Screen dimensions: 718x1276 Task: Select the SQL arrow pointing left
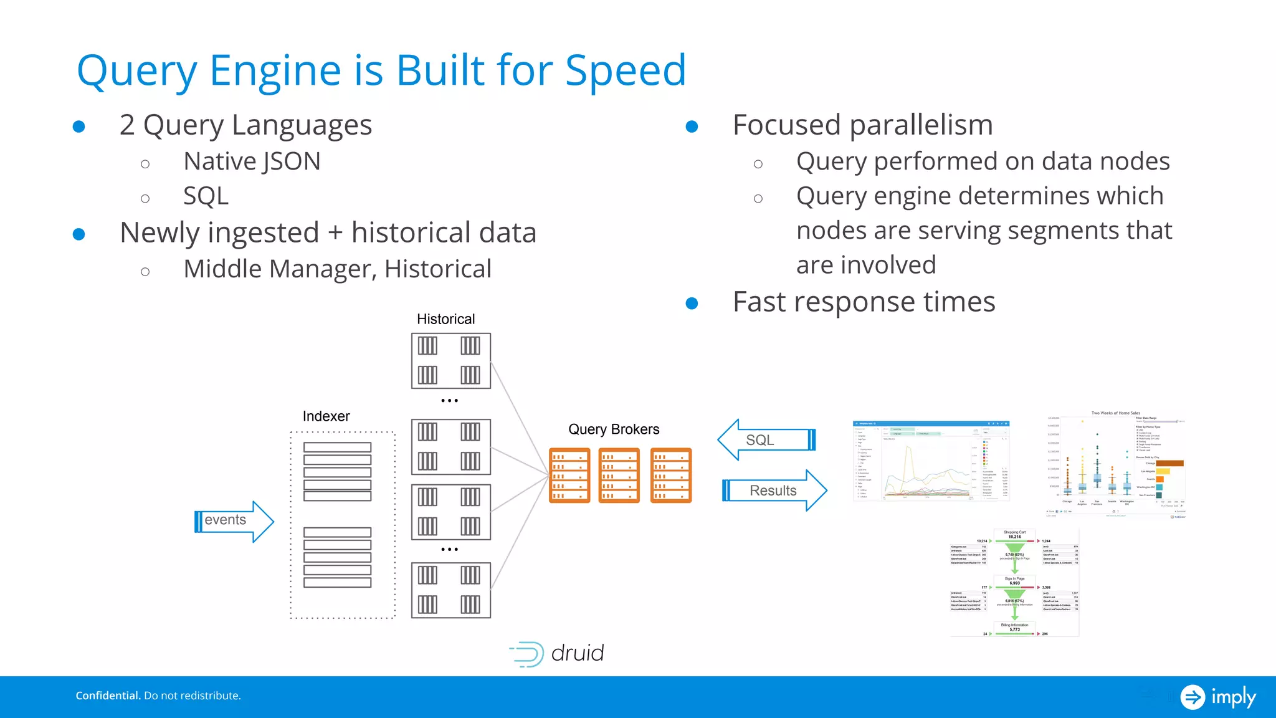point(766,440)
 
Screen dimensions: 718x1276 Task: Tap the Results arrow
point(774,491)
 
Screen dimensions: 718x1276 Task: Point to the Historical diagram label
point(445,319)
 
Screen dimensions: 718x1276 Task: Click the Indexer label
point(326,416)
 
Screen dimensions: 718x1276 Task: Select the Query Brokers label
point(614,429)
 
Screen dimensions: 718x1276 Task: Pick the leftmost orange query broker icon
point(569,475)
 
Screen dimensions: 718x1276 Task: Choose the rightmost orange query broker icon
point(671,475)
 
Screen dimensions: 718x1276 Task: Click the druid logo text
point(577,653)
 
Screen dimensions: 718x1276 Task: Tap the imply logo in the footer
point(1218,696)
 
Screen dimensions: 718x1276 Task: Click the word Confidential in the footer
point(108,696)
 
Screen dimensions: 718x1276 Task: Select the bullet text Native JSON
point(252,161)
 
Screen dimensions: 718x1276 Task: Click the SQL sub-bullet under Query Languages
point(206,196)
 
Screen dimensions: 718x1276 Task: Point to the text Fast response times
point(864,302)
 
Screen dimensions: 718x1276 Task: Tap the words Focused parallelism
point(862,125)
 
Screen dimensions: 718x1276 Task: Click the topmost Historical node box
point(450,361)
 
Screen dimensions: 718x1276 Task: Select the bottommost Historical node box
point(450,590)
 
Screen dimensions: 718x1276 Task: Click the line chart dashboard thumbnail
point(930,461)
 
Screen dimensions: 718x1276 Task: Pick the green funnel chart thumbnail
point(1014,583)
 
